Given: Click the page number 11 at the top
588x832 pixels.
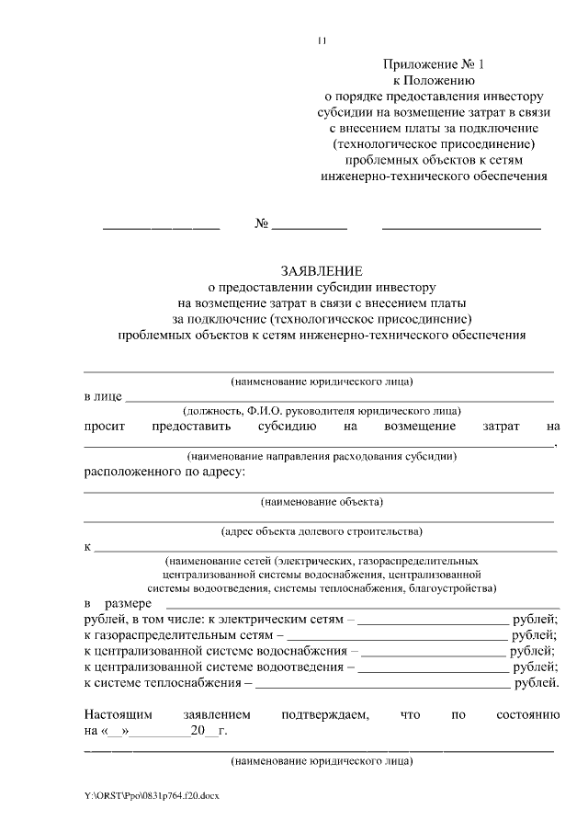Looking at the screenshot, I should tap(322, 41).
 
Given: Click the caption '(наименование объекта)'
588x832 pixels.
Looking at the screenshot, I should tap(322, 501).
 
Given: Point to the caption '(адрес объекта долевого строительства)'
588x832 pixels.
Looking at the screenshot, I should tap(322, 530).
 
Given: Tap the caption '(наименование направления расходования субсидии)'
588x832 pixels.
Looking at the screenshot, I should tap(322, 455).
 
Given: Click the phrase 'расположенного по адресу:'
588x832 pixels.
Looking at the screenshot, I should tap(164, 473).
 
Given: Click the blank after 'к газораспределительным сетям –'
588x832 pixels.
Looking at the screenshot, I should tap(397, 635).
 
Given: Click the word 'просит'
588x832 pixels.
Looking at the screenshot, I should tap(104, 427).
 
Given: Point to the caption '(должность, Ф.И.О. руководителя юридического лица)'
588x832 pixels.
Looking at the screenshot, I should tap(322, 411).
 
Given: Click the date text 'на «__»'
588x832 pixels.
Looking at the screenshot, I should tap(107, 732).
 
